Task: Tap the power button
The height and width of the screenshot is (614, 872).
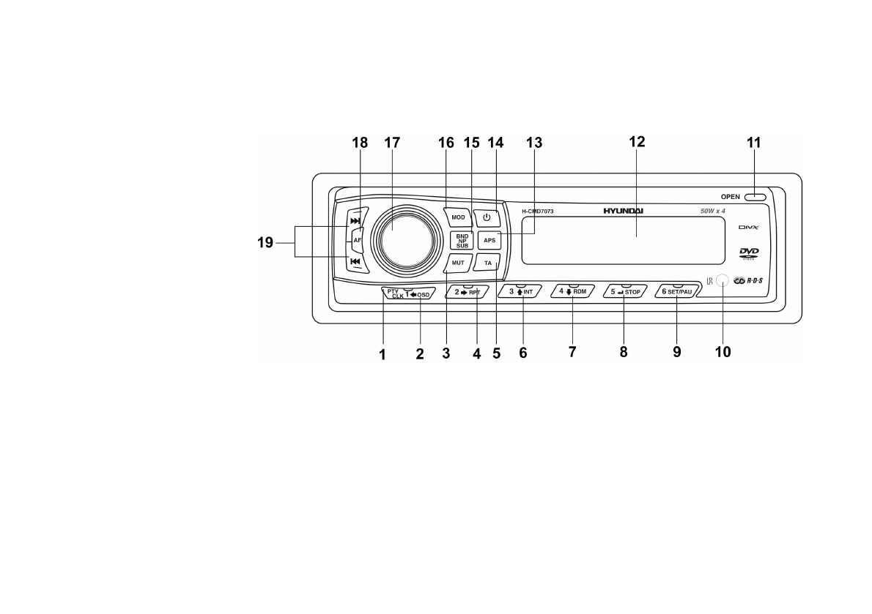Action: point(487,217)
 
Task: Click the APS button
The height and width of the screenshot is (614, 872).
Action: point(487,240)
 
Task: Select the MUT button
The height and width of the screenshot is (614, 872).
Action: point(458,262)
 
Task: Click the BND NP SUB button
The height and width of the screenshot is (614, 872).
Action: point(462,240)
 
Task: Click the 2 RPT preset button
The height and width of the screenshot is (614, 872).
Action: point(468,292)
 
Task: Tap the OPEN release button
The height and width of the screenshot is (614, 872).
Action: point(754,196)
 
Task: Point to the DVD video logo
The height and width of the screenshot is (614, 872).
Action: point(749,253)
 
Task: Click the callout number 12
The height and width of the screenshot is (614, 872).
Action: point(637,143)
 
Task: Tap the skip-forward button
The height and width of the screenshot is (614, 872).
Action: point(355,220)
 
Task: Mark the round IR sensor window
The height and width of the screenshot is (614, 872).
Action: point(722,280)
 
